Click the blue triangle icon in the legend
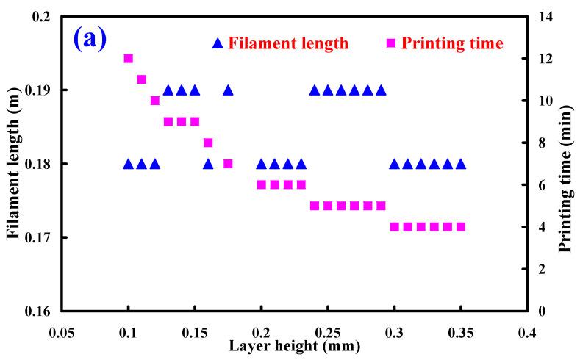coord(217,43)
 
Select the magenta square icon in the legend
coord(391,43)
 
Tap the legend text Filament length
coord(287,43)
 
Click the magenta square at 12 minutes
coord(128,58)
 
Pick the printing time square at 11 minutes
coord(141,79)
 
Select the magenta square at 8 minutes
coord(208,143)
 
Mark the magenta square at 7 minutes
coord(228,163)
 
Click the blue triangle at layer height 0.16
coord(208,163)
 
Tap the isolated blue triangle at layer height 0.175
coord(228,90)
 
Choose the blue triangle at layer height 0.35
coord(461,163)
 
